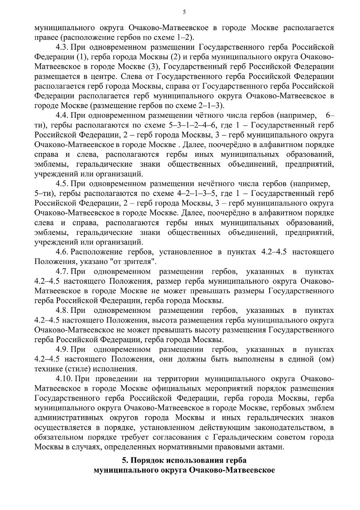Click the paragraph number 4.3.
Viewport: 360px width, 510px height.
[x=62, y=47]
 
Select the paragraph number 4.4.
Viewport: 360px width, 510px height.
[x=62, y=115]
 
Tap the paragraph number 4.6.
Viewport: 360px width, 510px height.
[x=62, y=252]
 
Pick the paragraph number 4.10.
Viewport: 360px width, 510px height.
[x=64, y=379]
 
